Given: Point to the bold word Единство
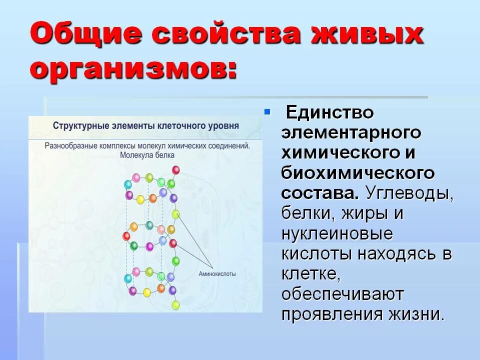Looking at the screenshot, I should pyautogui.click(x=329, y=112).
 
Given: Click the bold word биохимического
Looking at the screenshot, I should pyautogui.click(x=357, y=173).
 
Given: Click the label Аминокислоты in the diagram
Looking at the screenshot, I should pyautogui.click(x=217, y=274).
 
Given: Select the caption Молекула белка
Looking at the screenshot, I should pyautogui.click(x=147, y=155).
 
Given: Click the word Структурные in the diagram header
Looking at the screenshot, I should pyautogui.click(x=80, y=125).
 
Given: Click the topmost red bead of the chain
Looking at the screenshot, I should pyautogui.click(x=176, y=170).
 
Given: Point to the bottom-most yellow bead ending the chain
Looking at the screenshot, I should pyautogui.click(x=175, y=304).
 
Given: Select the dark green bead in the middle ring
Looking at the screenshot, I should pyautogui.click(x=134, y=245).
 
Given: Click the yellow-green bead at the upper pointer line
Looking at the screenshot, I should pyautogui.click(x=175, y=214).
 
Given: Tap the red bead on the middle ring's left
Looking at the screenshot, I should pyautogui.click(x=126, y=235).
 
